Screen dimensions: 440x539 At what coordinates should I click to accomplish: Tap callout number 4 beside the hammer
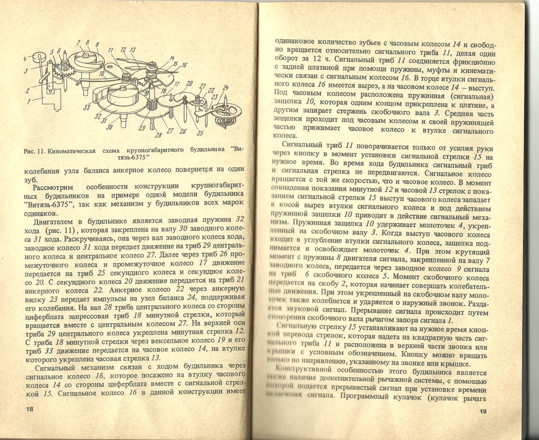click(x=25, y=59)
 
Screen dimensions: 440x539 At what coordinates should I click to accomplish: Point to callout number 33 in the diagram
click(x=87, y=108)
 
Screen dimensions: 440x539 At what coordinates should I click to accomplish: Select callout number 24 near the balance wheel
click(x=226, y=88)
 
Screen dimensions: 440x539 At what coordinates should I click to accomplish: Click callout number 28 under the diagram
click(x=158, y=135)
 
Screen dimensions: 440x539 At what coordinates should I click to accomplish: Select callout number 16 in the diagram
click(x=184, y=65)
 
